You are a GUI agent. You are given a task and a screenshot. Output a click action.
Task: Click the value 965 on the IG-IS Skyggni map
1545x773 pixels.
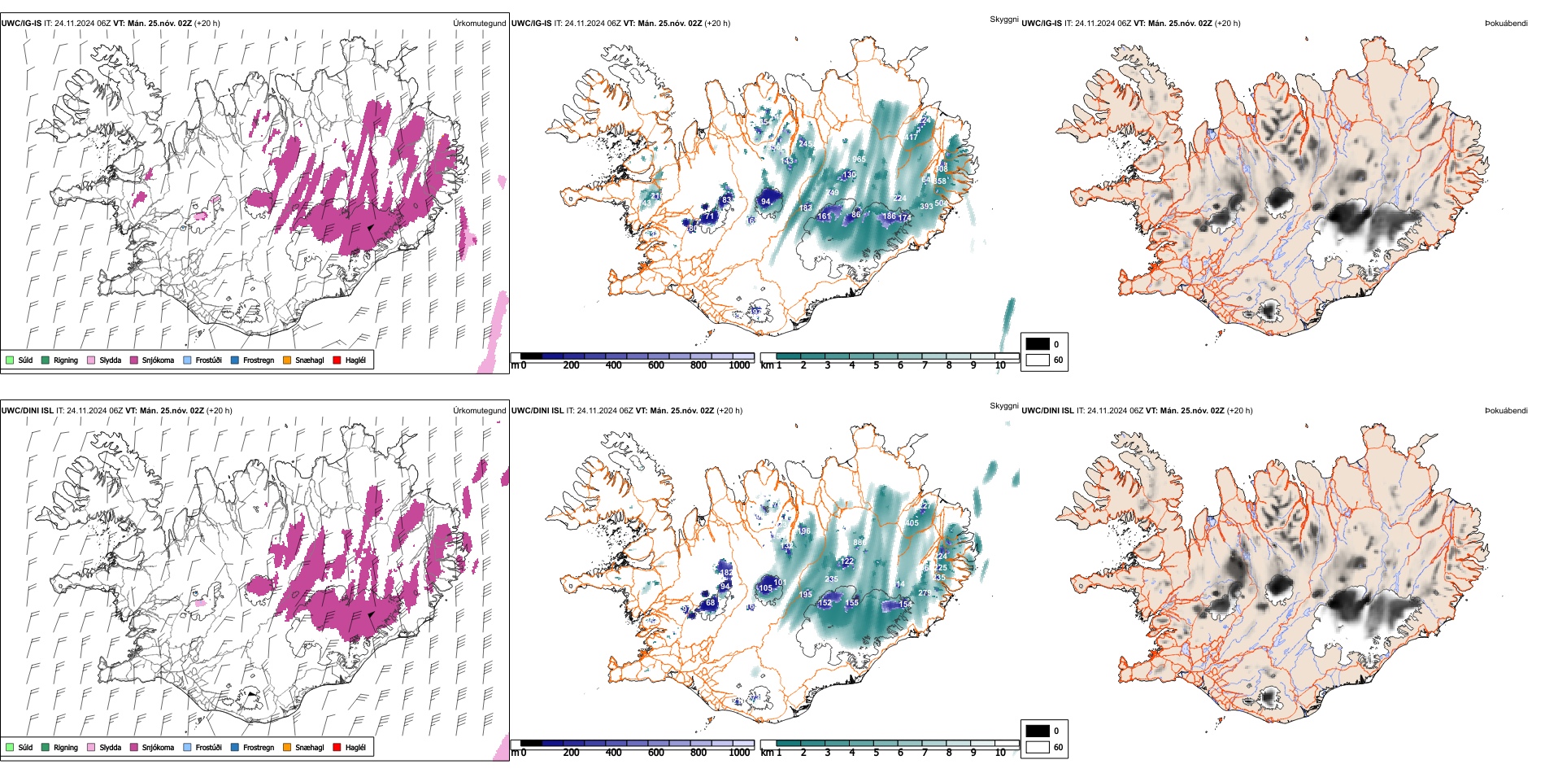859,159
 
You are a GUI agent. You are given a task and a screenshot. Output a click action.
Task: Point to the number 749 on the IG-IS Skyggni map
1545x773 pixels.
832,193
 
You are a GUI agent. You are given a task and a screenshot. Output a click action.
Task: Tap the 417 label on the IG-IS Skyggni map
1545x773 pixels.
911,137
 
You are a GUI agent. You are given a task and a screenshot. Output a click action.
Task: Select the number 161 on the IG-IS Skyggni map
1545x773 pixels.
825,216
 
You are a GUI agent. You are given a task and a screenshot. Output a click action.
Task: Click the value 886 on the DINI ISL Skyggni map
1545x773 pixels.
860,543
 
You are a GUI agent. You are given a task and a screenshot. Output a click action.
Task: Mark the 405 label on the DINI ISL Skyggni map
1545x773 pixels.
912,523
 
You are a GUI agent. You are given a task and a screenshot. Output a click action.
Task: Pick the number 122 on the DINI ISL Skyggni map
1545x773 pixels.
847,561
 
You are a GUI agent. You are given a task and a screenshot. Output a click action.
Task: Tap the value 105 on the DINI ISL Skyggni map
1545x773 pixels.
765,588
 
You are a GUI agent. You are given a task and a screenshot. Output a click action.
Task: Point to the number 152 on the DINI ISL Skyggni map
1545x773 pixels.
825,603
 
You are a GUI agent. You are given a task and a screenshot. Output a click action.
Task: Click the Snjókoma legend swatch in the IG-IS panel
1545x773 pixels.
134,360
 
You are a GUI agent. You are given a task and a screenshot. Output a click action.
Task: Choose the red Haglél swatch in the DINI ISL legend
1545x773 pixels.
337,748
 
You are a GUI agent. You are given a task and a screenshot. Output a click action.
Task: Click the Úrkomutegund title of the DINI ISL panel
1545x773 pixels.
479,411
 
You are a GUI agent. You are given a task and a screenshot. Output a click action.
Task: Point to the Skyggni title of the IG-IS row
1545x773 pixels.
1003,19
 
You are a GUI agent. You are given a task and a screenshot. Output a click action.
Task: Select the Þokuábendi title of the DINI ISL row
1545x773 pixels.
1506,411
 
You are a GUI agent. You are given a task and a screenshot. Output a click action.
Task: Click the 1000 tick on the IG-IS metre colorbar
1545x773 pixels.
739,365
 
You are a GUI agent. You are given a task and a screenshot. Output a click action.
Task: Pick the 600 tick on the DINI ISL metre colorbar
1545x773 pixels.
656,753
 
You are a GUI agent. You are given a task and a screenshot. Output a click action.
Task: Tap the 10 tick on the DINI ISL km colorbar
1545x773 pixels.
1000,753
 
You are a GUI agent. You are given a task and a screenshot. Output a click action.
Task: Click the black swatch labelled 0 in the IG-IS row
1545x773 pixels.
1038,344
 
